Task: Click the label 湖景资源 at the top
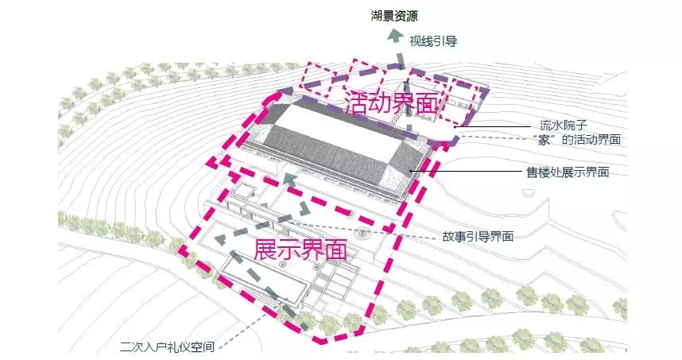point(394,16)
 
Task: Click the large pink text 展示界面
point(301,250)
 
